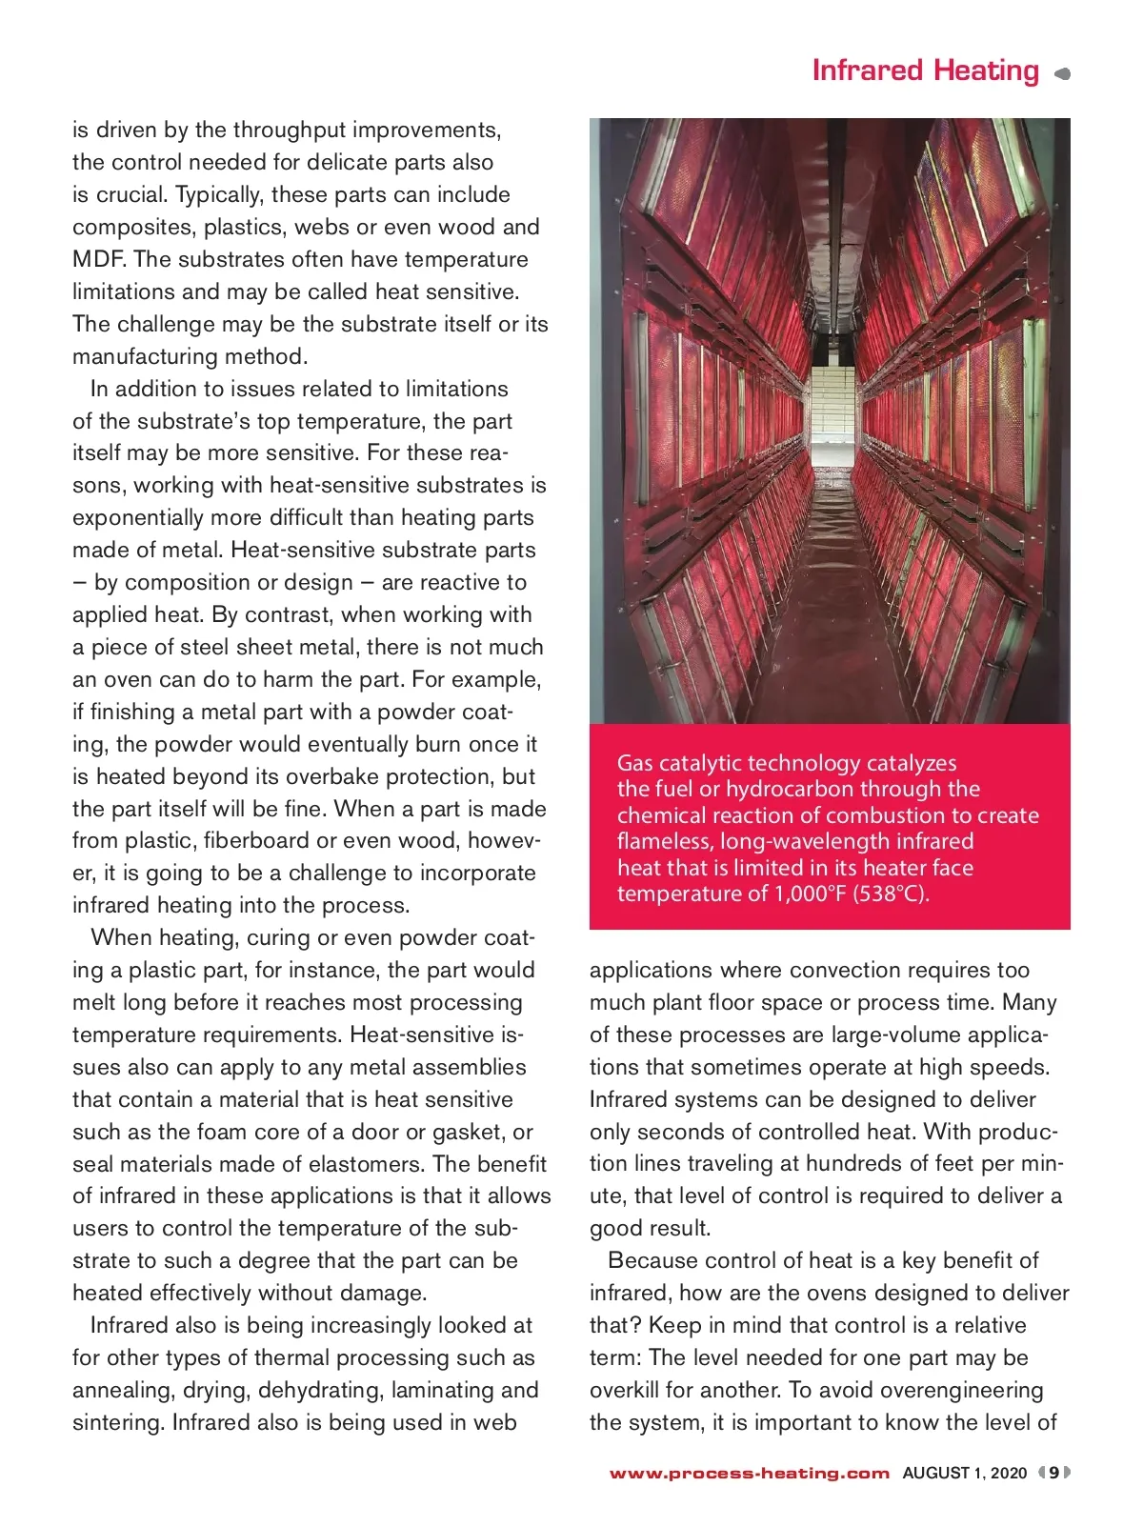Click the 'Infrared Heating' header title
pyautogui.click(x=925, y=70)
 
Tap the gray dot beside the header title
pyautogui.click(x=1063, y=73)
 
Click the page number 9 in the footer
pyautogui.click(x=1053, y=1473)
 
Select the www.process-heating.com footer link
pyautogui.click(x=749, y=1473)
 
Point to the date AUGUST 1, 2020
pyautogui.click(x=964, y=1473)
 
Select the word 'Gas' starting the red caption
pyautogui.click(x=635, y=763)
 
